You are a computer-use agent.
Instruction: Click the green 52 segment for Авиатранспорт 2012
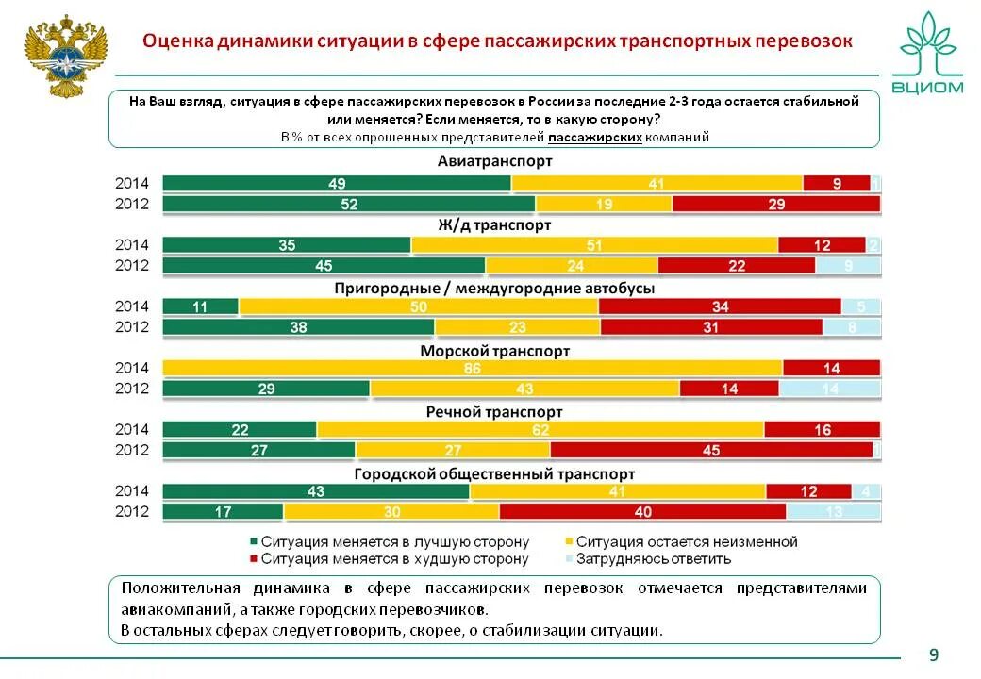click(349, 204)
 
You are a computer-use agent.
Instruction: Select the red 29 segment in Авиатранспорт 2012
click(775, 204)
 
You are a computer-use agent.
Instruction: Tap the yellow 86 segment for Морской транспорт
click(473, 368)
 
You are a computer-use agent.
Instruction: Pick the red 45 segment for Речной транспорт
click(713, 450)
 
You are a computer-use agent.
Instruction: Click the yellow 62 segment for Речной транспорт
click(540, 430)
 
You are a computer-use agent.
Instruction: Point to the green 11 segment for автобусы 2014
click(200, 306)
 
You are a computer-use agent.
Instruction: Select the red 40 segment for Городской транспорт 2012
click(642, 512)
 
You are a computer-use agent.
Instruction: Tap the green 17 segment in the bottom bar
click(224, 512)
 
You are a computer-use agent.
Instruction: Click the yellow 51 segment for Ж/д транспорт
click(594, 245)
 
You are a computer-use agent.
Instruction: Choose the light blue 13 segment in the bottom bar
click(834, 512)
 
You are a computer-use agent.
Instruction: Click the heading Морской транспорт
click(494, 351)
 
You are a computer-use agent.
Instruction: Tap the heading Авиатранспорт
click(494, 161)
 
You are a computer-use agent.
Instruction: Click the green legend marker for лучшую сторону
click(253, 542)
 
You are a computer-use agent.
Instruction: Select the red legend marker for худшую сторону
click(253, 558)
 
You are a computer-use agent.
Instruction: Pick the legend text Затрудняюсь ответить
click(654, 558)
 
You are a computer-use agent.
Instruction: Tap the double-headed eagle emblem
click(65, 55)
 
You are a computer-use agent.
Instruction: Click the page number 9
click(934, 654)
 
